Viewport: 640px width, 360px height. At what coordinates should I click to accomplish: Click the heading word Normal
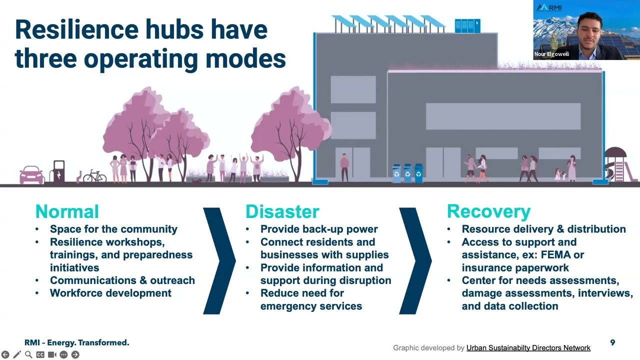(x=67, y=211)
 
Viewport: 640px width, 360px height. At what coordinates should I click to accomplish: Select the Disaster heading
(x=282, y=211)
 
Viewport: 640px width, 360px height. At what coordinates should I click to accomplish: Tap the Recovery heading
(x=488, y=211)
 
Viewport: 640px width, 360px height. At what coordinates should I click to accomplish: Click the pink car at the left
(x=31, y=175)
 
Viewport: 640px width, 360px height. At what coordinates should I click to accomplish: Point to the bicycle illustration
(x=94, y=176)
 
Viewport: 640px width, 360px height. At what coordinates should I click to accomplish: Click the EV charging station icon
(x=58, y=171)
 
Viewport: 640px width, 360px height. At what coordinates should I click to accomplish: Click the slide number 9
(x=612, y=342)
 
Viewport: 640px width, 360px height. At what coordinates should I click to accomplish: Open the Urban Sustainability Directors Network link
(x=528, y=347)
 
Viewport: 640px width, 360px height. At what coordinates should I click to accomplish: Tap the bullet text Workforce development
(x=110, y=293)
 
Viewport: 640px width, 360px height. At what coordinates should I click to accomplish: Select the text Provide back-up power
(x=319, y=229)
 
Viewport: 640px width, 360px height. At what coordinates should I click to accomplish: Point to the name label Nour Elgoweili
(x=551, y=54)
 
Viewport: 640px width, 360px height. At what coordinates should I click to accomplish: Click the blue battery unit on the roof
(x=467, y=25)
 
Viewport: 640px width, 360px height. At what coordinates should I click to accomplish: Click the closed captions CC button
(x=40, y=354)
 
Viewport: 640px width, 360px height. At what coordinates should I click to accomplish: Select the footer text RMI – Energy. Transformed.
(x=77, y=342)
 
